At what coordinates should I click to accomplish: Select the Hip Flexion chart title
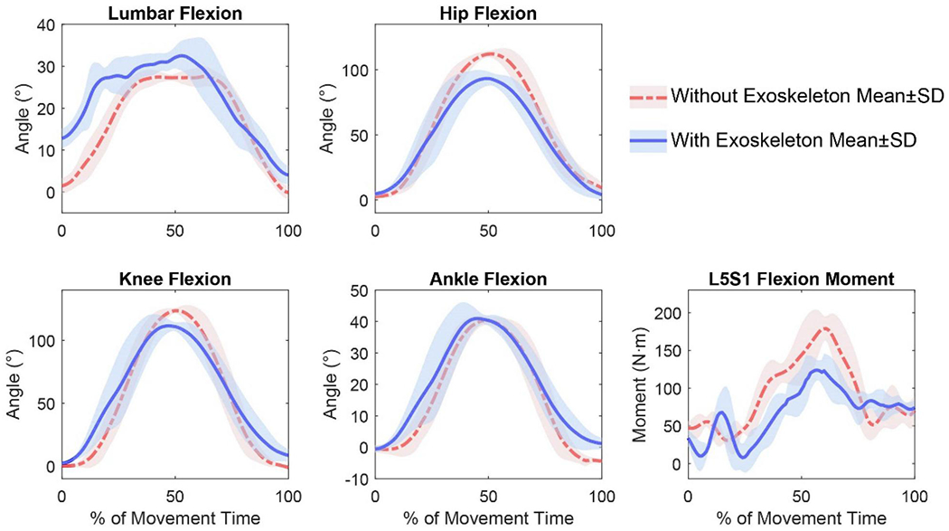[x=488, y=14]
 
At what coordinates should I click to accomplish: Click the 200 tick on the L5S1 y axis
[x=666, y=313]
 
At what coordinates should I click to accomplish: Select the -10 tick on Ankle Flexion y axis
[x=357, y=479]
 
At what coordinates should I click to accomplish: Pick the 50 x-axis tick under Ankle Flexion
[x=488, y=496]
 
